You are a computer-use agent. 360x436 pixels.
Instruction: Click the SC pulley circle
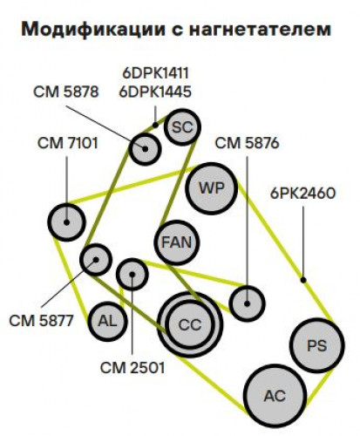tap(182, 127)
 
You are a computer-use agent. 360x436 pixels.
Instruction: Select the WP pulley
tap(212, 188)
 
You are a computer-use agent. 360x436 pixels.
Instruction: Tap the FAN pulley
tap(177, 242)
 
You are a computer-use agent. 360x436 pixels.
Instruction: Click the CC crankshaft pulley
tap(190, 324)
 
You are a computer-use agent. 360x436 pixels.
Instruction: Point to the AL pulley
tap(107, 321)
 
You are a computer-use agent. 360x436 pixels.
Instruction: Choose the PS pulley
tap(317, 345)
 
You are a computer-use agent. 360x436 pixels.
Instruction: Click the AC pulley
tap(275, 396)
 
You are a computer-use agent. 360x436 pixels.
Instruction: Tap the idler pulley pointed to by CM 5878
tap(145, 149)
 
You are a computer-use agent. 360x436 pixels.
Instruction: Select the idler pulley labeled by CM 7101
tap(67, 222)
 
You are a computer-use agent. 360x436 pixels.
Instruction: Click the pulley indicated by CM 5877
tap(96, 260)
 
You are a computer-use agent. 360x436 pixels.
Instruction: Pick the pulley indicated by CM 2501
tap(132, 275)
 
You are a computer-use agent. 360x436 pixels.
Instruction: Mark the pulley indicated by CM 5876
tap(247, 303)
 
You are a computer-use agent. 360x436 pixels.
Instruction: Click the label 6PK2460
tap(302, 194)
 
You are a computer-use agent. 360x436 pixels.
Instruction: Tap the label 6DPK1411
tap(155, 73)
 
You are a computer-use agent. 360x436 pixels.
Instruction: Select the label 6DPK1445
tap(155, 92)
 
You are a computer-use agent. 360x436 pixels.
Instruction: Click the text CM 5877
tap(41, 321)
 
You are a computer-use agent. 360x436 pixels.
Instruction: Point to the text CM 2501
tap(132, 368)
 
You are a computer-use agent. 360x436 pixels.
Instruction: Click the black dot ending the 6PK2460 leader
tap(303, 280)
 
